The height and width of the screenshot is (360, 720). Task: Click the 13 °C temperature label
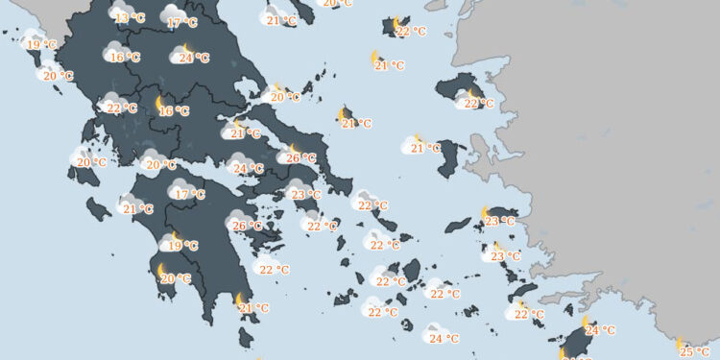click(129, 17)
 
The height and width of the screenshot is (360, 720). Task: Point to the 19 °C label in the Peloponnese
click(181, 246)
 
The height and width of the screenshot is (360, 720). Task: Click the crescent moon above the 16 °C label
click(161, 101)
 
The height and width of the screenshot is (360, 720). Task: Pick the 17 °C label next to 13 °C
click(180, 22)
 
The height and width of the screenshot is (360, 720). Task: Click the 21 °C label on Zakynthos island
click(137, 208)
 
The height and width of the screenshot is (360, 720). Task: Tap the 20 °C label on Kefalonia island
click(90, 163)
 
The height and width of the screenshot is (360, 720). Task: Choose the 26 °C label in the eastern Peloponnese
click(247, 227)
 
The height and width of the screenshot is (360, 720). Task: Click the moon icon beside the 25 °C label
click(679, 343)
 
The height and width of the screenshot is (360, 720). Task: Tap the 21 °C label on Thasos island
click(281, 20)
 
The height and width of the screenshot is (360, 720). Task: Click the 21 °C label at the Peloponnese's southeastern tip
click(253, 308)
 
